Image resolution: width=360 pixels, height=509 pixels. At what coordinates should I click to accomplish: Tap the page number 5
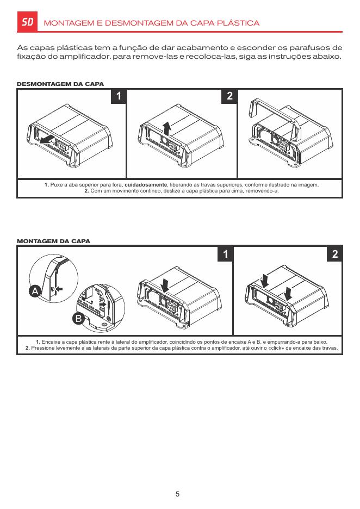pos(177,494)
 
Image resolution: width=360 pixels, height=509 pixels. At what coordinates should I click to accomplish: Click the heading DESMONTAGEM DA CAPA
pos(60,84)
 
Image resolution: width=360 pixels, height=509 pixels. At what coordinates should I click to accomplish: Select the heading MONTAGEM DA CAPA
pos(54,240)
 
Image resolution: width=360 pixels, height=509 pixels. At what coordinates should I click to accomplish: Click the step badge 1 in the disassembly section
pos(118,96)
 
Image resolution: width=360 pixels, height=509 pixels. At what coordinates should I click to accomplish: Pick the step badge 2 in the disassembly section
pos(229,96)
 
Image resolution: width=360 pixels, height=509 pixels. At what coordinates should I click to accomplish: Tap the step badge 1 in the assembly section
pos(225,254)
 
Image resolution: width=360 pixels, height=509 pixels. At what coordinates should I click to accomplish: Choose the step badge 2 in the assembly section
pos(334,254)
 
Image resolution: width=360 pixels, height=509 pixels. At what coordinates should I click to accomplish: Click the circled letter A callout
pos(35,292)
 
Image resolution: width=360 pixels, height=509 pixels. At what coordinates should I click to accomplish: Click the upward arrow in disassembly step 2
pos(167,128)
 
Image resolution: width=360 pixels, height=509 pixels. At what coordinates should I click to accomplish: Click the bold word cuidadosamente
pos(146,185)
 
